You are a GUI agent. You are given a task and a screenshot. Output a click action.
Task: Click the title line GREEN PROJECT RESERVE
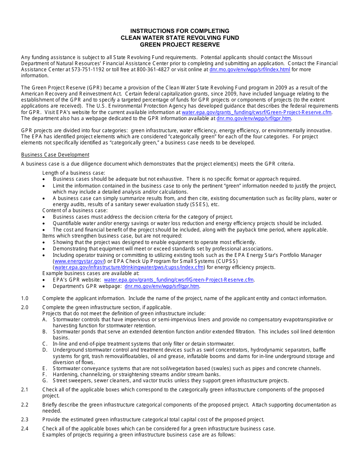[x=180, y=45]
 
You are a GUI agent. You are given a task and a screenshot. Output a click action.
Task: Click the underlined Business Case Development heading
[x=55, y=155]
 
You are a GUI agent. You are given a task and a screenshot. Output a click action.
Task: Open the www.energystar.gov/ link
[x=79, y=261]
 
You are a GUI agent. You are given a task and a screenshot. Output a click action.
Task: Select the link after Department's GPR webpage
[x=162, y=286]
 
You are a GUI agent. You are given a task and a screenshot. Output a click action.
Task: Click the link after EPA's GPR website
[x=179, y=280]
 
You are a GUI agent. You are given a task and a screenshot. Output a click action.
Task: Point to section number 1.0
[x=25, y=298]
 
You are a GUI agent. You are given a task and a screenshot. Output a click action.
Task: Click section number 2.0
[x=25, y=307]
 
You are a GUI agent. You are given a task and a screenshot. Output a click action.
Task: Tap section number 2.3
[x=25, y=419]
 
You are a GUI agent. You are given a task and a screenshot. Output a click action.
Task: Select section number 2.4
[x=25, y=428]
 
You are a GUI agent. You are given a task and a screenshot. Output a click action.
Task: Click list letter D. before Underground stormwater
[x=45, y=350]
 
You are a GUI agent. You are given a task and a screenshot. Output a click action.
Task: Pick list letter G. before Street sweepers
[x=45, y=380]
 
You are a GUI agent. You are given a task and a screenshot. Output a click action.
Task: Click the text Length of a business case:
[x=74, y=173]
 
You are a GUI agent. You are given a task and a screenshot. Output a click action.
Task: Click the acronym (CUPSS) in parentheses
[x=227, y=261]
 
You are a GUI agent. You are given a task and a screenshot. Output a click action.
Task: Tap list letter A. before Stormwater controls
[x=45, y=319]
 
